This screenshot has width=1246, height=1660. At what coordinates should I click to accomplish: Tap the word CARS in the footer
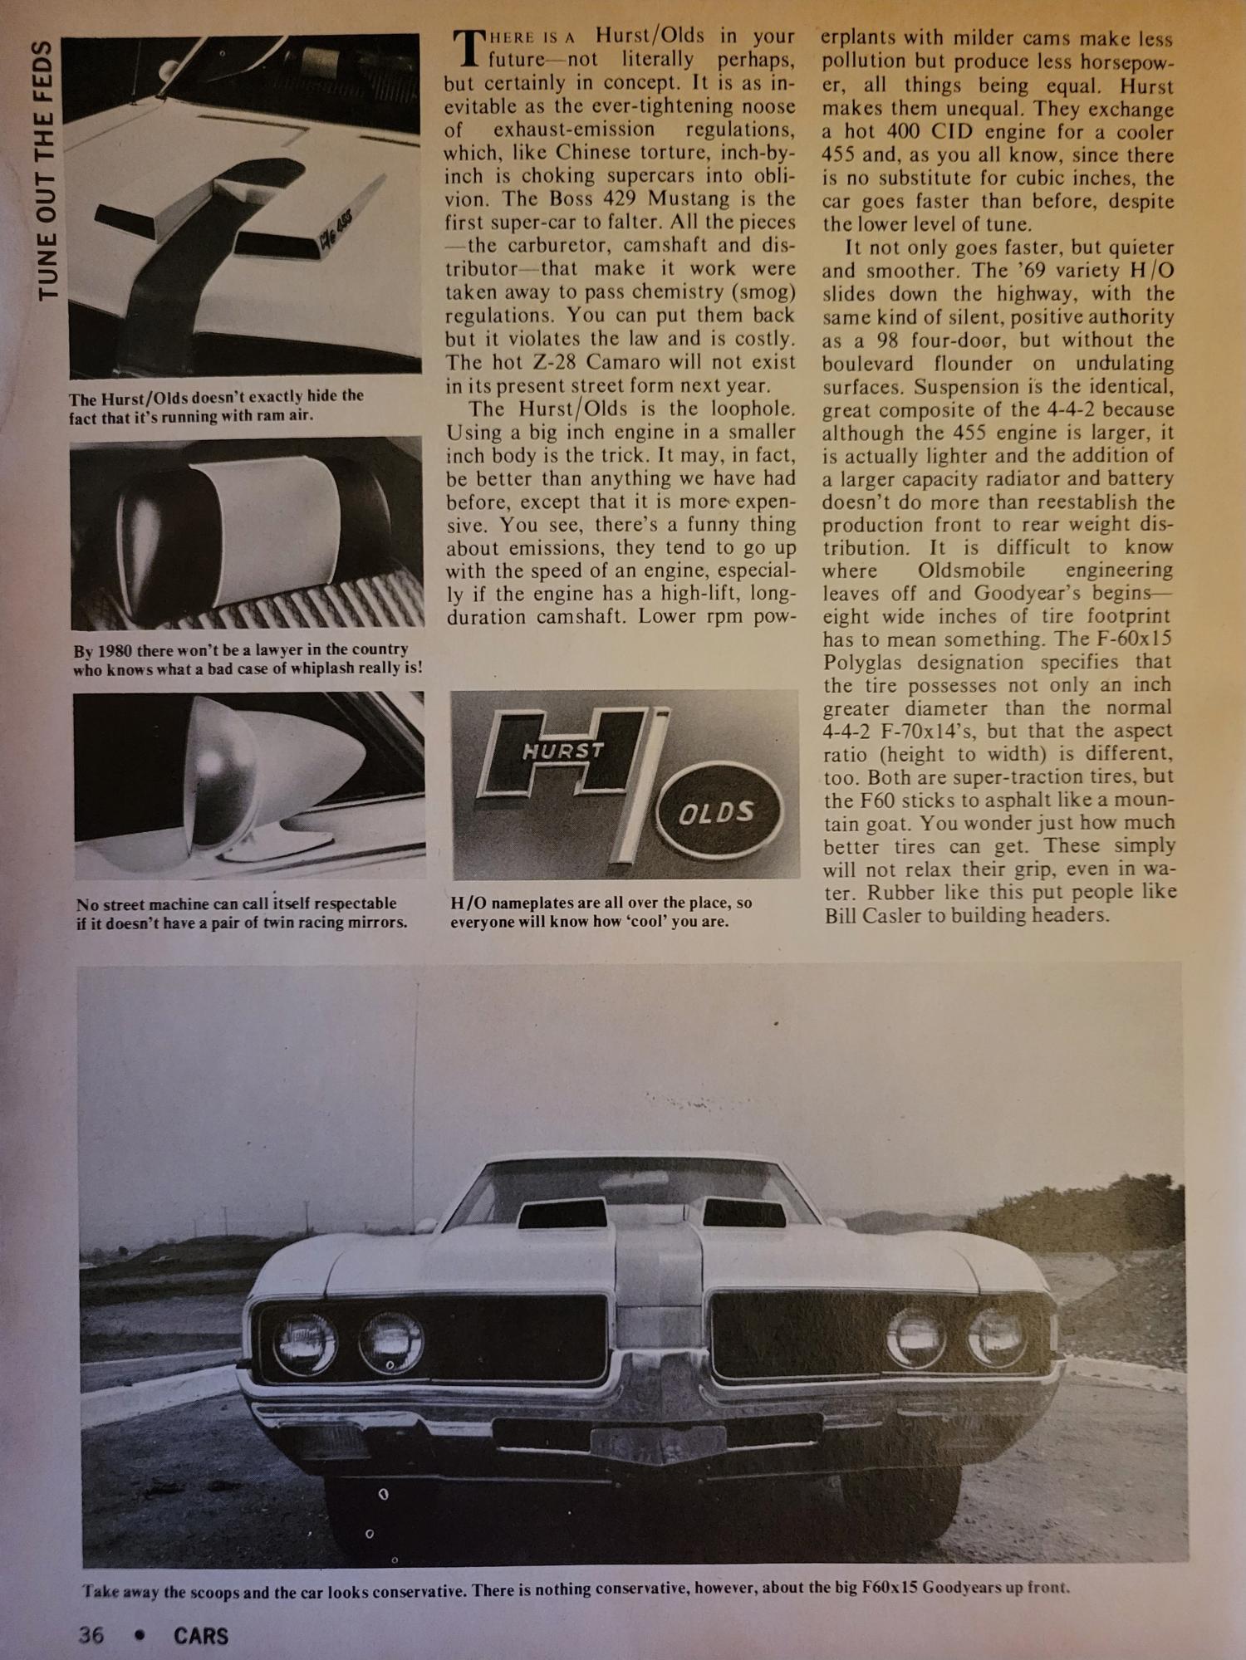pos(201,1635)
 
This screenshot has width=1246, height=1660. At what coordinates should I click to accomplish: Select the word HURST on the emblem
pos(563,752)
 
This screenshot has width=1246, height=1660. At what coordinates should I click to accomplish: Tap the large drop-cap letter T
pos(469,47)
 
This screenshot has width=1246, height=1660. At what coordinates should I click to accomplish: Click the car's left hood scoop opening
pos(557,1216)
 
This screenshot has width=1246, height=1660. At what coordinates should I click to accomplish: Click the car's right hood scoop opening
pos(744,1214)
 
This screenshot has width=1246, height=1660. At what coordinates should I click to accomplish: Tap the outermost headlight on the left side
pos(305,1344)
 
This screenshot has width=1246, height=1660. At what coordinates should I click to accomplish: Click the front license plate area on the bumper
pos(656,1443)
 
